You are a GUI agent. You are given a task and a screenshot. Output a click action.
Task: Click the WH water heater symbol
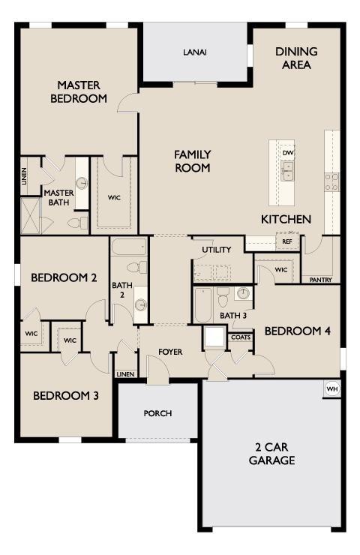coord(332,389)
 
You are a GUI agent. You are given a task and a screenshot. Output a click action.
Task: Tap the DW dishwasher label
coord(288,152)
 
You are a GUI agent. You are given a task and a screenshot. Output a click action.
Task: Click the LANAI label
coord(195,52)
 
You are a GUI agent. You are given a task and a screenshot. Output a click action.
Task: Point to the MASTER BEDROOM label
coord(79,91)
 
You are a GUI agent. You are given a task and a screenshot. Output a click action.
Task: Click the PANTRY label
coord(321,279)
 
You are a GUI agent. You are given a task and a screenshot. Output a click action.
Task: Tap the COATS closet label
coord(241,337)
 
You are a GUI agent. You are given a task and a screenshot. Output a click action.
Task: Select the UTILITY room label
coord(217,250)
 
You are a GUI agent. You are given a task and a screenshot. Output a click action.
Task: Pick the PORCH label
coord(157,413)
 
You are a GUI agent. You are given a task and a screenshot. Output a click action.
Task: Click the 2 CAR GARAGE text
coord(271,454)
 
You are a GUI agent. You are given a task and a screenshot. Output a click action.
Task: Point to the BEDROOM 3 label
coord(66,395)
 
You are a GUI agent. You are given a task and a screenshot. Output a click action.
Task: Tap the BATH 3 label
coord(233,316)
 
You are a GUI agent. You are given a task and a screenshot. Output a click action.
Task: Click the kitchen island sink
coord(288,172)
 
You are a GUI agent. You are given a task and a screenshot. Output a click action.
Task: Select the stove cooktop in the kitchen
coord(331,181)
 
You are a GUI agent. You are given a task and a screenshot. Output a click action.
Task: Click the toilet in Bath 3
coord(223,298)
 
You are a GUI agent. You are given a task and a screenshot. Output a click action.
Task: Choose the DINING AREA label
coord(296,58)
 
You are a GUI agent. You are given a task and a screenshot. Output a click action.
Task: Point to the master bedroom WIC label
coord(114,198)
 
